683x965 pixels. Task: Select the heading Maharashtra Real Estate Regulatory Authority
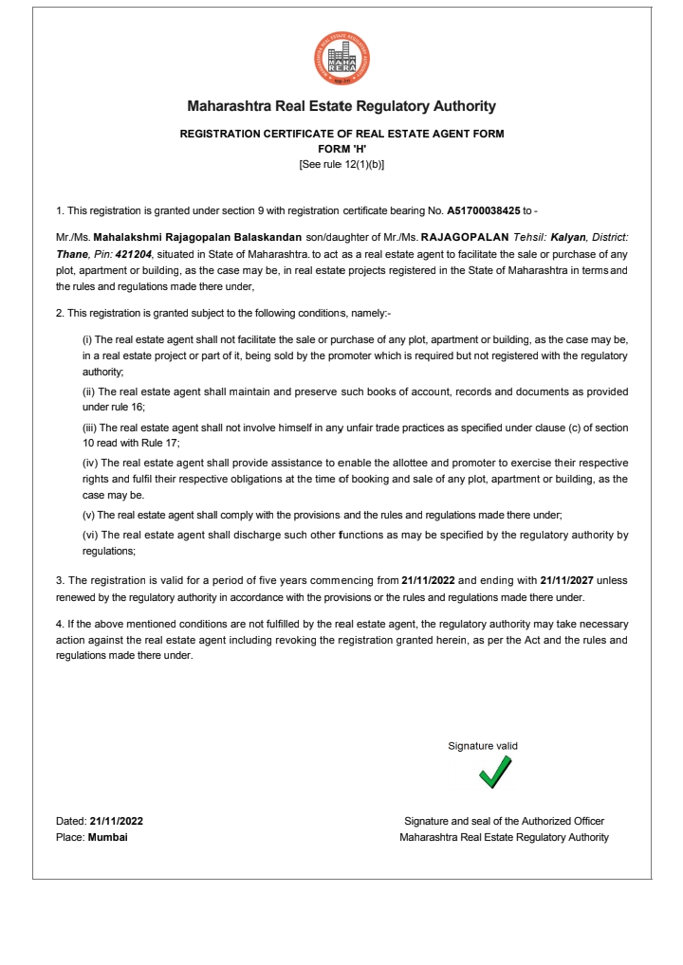point(341,106)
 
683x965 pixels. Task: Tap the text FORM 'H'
point(341,149)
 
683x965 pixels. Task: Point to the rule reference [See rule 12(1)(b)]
point(341,163)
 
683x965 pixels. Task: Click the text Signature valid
point(483,747)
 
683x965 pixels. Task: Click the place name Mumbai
point(108,837)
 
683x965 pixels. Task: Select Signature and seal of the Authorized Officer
point(504,821)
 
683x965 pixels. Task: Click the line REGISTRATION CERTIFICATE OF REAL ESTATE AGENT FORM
point(341,135)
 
